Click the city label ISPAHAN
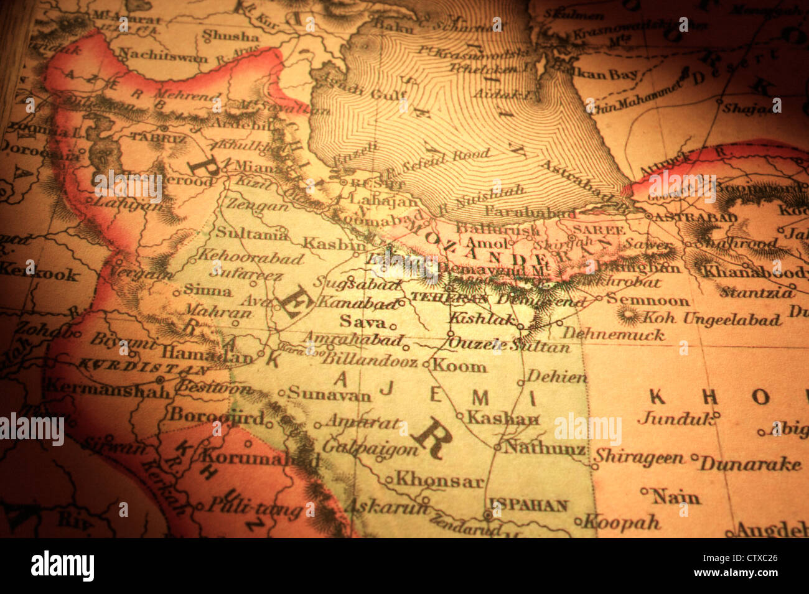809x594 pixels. click(528, 505)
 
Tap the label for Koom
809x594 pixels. click(459, 365)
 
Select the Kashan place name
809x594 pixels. click(503, 417)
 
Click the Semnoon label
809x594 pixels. click(648, 300)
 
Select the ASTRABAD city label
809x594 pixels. click(694, 218)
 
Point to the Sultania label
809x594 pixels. click(251, 233)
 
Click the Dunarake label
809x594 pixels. click(749, 463)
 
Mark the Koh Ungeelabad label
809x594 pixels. click(711, 319)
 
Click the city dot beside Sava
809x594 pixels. click(393, 325)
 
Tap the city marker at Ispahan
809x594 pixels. click(488, 515)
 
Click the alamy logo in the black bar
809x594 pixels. click(62, 566)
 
